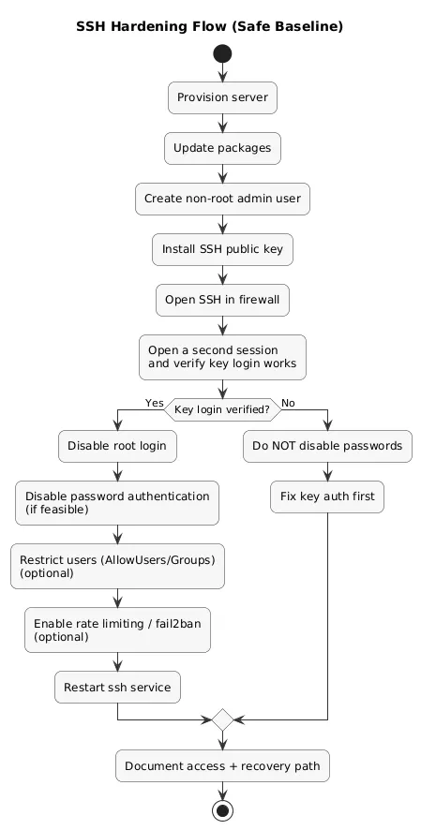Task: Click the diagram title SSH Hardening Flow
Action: pos(210,27)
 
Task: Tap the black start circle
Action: pos(222,53)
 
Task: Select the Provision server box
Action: pos(222,97)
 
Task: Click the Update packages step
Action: pos(222,148)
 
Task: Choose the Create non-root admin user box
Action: pos(222,199)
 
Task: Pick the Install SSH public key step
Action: pos(222,249)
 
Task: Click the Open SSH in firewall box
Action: pos(222,300)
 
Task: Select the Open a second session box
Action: pos(222,357)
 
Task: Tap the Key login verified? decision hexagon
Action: pos(222,408)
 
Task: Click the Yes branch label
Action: pos(154,403)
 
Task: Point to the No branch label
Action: pos(288,403)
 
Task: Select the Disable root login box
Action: pos(117,447)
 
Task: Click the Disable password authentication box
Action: pos(117,503)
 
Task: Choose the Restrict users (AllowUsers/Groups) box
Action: pos(117,566)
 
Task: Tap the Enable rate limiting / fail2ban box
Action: pos(117,630)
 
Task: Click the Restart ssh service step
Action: pos(117,687)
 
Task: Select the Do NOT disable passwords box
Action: pos(328,447)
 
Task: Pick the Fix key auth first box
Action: pos(328,497)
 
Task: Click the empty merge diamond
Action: pos(222,719)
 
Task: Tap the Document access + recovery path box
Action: pos(222,765)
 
